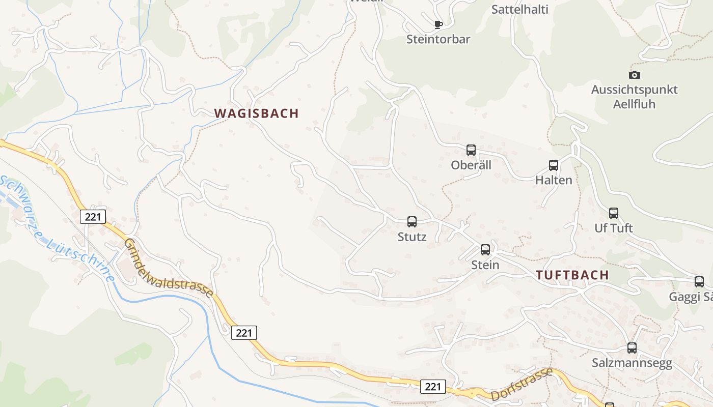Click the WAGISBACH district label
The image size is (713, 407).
click(256, 113)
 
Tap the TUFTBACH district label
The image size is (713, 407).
click(572, 275)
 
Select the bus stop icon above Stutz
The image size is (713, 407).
click(412, 222)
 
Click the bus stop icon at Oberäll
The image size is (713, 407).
click(471, 150)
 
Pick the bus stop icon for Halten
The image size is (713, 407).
click(554, 165)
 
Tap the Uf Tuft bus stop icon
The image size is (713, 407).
click(614, 213)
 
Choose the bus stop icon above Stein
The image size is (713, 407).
click(485, 250)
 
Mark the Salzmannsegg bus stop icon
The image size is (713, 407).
click(632, 348)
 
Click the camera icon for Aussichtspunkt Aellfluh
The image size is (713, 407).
click(635, 75)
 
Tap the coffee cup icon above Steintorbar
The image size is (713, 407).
click(438, 24)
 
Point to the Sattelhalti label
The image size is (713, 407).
click(519, 9)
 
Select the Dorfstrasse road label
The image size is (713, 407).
click(522, 385)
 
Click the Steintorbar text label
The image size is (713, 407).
click(438, 39)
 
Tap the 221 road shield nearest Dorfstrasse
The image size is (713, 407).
click(433, 387)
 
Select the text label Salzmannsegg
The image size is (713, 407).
click(632, 363)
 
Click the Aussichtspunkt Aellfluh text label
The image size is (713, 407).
click(634, 97)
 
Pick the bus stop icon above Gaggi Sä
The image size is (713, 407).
click(699, 282)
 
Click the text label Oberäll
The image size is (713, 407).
click(471, 165)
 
